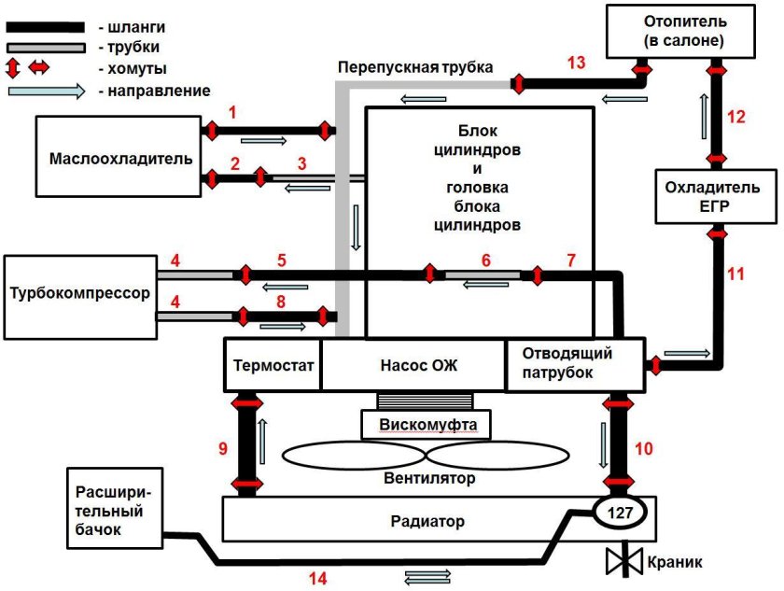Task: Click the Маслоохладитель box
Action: [119, 156]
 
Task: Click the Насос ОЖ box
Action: [413, 364]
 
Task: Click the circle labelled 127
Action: [615, 513]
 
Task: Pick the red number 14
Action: [319, 579]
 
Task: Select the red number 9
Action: [222, 449]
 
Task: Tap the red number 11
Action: [736, 274]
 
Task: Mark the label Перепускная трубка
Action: [415, 67]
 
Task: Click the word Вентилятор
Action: [429, 478]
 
